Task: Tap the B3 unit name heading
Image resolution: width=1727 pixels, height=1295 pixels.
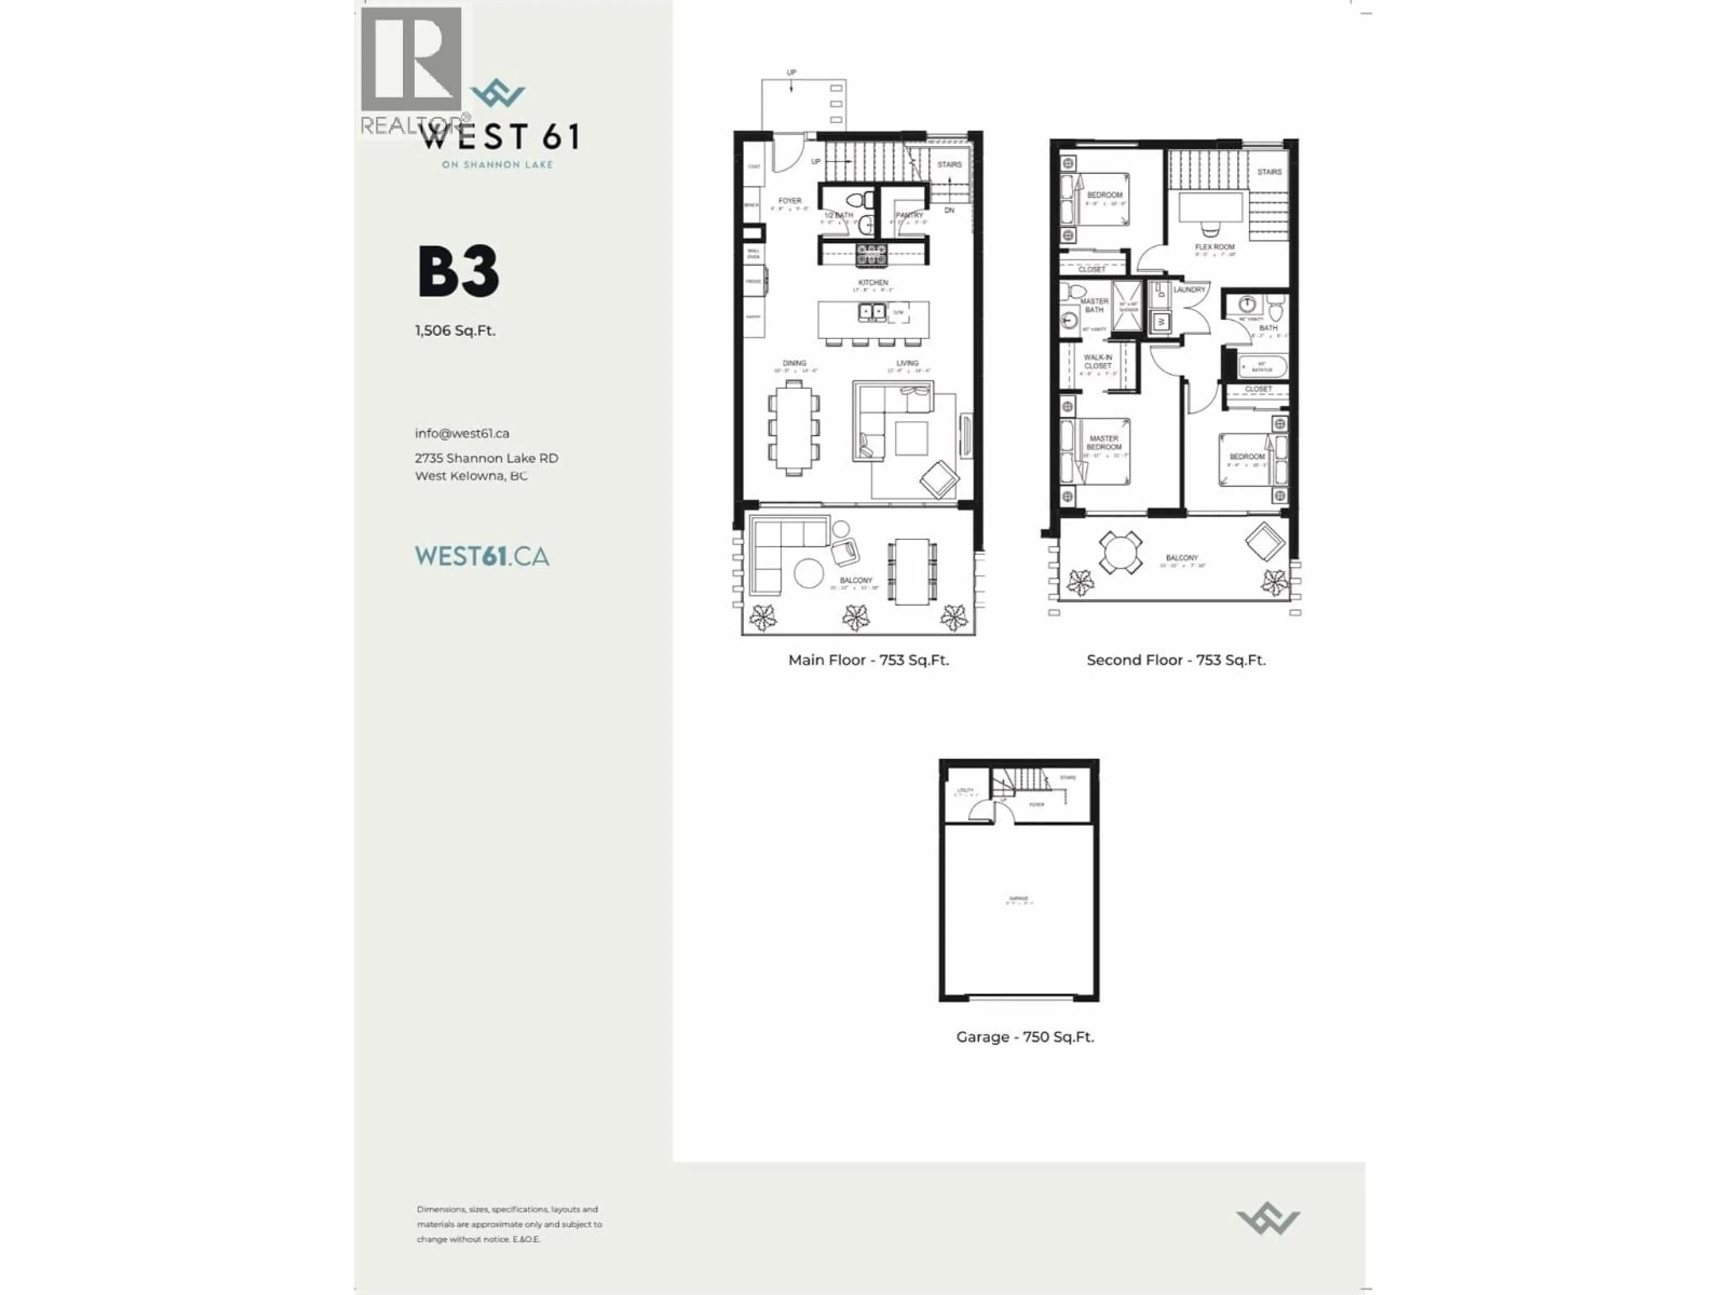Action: coord(458,272)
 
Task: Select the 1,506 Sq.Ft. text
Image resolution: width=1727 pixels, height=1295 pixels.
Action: coord(455,330)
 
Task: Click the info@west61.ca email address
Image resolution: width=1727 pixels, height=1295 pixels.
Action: coord(462,433)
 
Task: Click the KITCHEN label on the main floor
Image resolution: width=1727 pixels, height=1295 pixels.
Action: coord(873,282)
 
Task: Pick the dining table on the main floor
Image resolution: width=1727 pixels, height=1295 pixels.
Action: coord(794,428)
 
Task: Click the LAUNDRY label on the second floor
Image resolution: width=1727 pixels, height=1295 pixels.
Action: coord(1189,290)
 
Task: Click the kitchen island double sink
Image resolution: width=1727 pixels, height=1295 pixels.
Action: coord(872,312)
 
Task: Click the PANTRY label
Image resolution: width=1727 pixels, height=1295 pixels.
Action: coord(909,214)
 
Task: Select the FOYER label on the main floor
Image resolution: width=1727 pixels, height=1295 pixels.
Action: coord(789,201)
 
